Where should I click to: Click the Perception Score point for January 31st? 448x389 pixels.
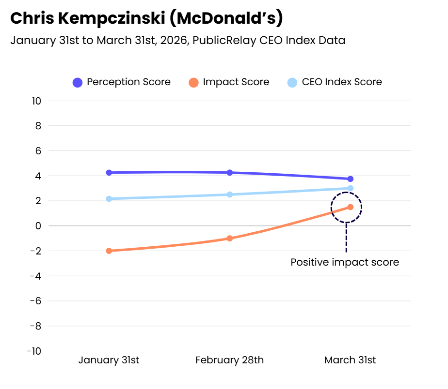109,173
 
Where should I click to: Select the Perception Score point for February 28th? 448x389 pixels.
230,173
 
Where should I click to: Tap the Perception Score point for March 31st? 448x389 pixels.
350,179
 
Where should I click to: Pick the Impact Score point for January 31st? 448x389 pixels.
109,251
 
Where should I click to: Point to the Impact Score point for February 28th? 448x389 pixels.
230,238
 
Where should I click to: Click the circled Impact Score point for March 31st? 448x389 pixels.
350,207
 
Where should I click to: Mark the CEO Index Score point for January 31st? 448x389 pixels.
109,199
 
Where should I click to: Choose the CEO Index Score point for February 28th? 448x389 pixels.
230,194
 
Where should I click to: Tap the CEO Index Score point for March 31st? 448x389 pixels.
350,188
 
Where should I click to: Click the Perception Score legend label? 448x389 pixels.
128,82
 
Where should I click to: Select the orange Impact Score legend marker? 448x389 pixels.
193,82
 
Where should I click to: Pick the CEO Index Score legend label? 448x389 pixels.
342,82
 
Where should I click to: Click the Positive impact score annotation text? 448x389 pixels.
345,262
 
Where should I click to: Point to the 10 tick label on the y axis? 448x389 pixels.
37,101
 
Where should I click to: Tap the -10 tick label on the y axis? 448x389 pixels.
35,351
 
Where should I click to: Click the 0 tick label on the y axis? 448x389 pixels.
38,226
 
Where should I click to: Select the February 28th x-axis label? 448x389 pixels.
230,360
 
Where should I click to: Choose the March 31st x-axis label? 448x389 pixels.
350,360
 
